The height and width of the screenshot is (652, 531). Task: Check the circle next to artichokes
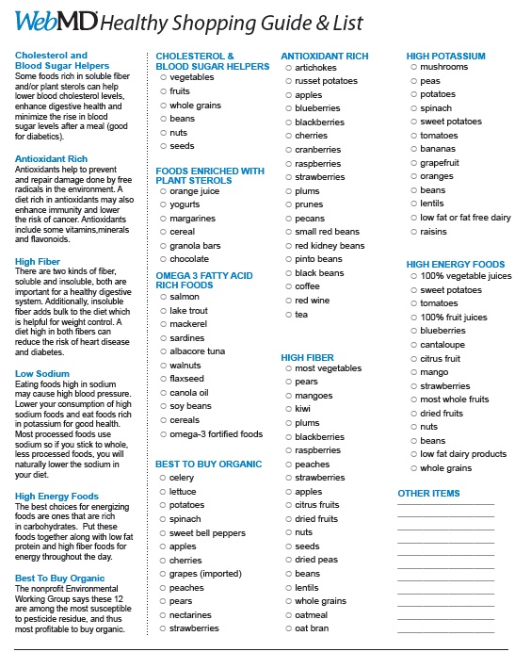[x=287, y=68]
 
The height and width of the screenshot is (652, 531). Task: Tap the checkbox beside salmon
[x=162, y=297]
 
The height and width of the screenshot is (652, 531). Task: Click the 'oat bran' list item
[x=312, y=628]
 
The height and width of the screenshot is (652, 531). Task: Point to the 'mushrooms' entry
[x=443, y=67]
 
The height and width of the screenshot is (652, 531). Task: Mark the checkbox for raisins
[x=412, y=232]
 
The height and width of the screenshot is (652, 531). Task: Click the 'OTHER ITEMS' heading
[x=428, y=493]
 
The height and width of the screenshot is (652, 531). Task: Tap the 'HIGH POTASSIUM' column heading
[x=445, y=57]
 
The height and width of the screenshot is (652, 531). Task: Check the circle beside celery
[x=162, y=478]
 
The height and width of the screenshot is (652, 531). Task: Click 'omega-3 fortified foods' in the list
[x=216, y=434]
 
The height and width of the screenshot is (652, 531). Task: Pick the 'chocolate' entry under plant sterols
[x=189, y=259]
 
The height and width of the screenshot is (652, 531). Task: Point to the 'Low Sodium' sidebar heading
[x=42, y=374]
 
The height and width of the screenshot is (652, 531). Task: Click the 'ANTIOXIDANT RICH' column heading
[x=324, y=57]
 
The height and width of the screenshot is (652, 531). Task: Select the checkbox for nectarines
[x=162, y=615]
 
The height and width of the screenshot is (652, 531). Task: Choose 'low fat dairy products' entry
[x=463, y=454]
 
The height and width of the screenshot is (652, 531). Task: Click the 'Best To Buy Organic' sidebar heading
[x=59, y=578]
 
